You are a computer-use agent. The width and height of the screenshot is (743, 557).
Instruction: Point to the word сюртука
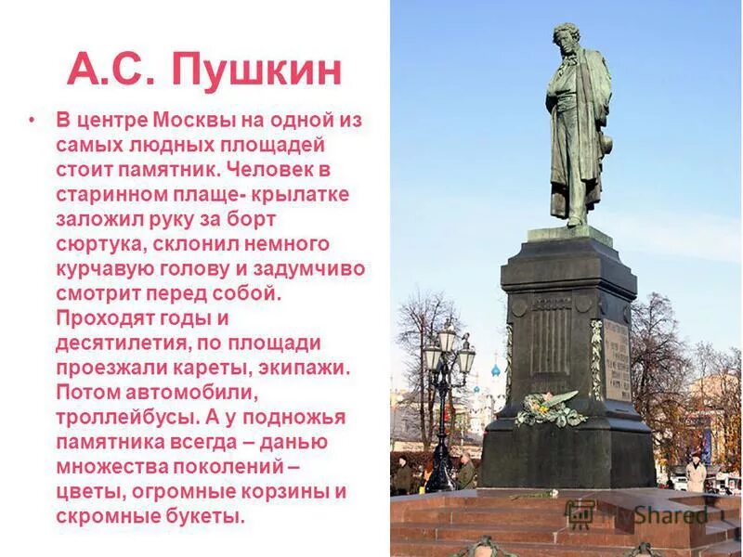point(98,244)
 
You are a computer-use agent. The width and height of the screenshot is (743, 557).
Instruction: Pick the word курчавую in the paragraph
point(102,269)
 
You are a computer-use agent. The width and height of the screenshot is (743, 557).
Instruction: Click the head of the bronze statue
point(567,42)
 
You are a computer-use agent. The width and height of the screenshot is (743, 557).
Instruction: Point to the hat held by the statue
point(606,144)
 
